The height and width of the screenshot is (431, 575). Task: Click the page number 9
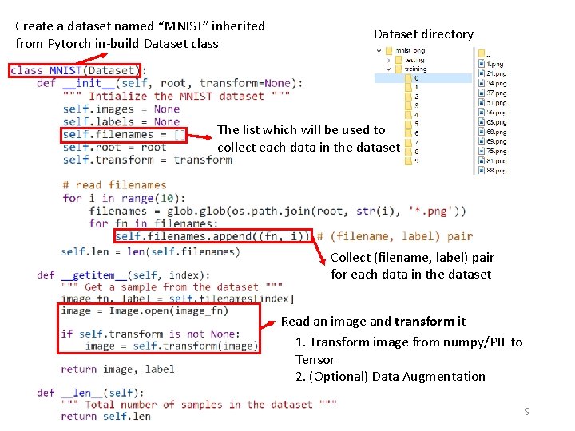click(527, 411)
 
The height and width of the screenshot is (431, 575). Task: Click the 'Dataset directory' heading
click(423, 34)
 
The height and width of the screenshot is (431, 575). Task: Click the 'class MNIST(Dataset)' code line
click(75, 70)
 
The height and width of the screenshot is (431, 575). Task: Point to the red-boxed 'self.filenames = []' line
click(124, 135)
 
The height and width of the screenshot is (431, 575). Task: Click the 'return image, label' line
click(117, 369)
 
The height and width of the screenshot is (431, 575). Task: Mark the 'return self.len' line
click(105, 416)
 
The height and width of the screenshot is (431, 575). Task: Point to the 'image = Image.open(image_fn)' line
click(145, 310)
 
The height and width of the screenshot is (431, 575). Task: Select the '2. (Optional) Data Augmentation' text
click(390, 377)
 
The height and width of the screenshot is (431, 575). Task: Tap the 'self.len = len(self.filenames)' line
click(150, 251)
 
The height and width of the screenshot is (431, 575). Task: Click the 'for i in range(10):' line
click(124, 198)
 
